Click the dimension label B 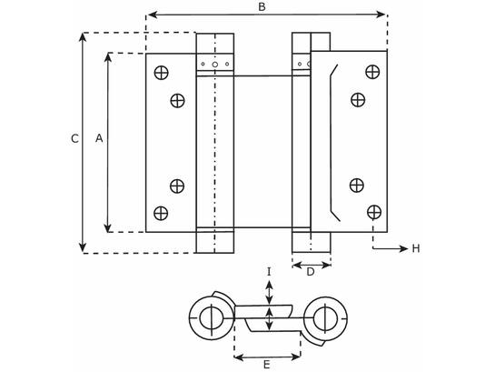(262, 7)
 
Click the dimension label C (74, 139)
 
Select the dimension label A (99, 138)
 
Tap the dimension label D (311, 272)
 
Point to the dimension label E (267, 365)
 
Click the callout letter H (416, 248)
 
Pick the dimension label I (269, 272)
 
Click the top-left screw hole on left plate (161, 73)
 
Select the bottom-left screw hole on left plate (161, 213)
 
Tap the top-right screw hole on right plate (372, 72)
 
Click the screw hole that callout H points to (374, 212)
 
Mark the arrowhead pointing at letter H (404, 248)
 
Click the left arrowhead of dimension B (153, 15)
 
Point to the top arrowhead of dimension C (83, 37)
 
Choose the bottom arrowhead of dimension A (108, 227)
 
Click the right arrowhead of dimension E (295, 357)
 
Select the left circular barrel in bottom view (211, 318)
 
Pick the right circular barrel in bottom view (325, 318)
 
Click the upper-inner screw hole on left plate (177, 101)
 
